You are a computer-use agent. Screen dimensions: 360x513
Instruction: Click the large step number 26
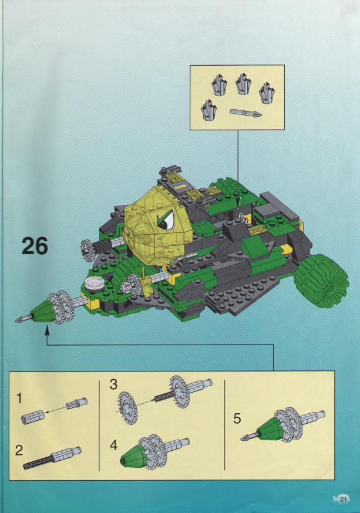pos(35,246)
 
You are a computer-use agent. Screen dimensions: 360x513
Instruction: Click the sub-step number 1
pos(19,399)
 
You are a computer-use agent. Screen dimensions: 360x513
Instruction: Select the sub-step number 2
pos(19,451)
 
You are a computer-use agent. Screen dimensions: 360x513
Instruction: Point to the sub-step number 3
pos(113,384)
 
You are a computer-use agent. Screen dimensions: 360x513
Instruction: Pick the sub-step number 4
pos(113,445)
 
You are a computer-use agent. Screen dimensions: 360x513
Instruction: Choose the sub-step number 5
pos(237,419)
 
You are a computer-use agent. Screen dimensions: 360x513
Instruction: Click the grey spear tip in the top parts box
pos(246,113)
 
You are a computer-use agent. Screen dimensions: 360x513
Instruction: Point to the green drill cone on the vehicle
pos(43,312)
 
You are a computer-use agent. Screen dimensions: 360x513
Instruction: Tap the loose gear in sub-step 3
pos(127,407)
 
